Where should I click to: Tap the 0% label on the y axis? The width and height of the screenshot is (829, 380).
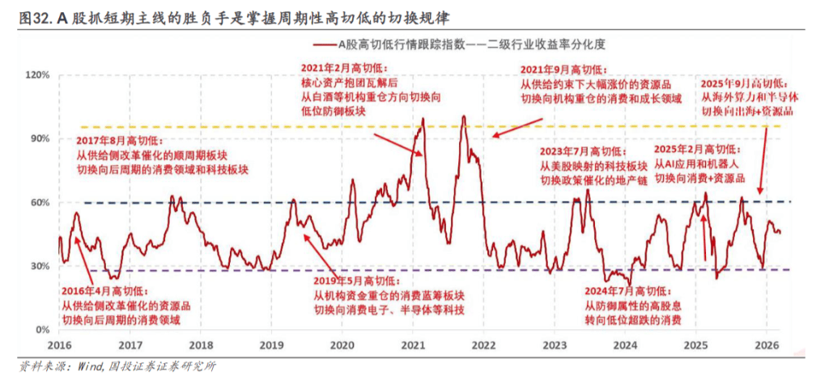click(x=43, y=331)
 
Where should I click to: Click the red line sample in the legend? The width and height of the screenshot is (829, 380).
click(x=325, y=45)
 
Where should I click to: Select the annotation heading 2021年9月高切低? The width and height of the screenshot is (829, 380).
click(x=564, y=70)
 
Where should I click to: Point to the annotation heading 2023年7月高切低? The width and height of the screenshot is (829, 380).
click(x=583, y=152)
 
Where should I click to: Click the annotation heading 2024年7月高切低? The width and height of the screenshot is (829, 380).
click(x=628, y=291)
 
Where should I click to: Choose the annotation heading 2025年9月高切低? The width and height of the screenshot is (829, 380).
click(x=745, y=84)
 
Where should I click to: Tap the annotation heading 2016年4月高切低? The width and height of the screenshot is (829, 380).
click(x=105, y=291)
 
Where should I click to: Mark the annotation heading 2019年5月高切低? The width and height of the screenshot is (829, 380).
click(x=356, y=282)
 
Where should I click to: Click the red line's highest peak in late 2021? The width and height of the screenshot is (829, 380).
click(x=464, y=116)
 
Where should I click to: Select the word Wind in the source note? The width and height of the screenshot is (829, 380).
click(x=91, y=365)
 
